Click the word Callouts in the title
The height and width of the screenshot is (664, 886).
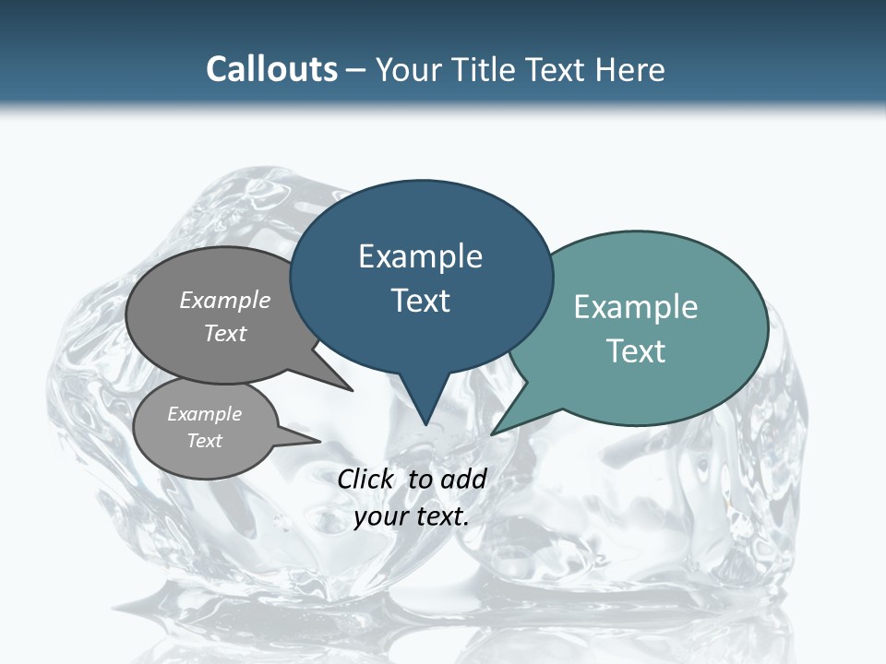point(271,69)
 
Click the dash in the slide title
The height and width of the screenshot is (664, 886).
point(356,70)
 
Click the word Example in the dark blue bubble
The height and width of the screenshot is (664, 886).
point(420,256)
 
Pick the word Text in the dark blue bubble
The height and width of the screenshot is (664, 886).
point(420,301)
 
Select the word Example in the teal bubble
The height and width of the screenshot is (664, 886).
point(636,307)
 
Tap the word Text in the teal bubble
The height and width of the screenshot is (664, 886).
point(636,351)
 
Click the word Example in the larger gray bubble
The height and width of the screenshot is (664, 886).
point(224,300)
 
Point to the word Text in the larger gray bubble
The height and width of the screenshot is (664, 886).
point(224,333)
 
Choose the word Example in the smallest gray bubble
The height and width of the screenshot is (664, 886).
point(204,414)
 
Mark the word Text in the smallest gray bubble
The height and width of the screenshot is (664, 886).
point(204,441)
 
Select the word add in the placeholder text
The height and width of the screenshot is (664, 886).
point(463,479)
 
